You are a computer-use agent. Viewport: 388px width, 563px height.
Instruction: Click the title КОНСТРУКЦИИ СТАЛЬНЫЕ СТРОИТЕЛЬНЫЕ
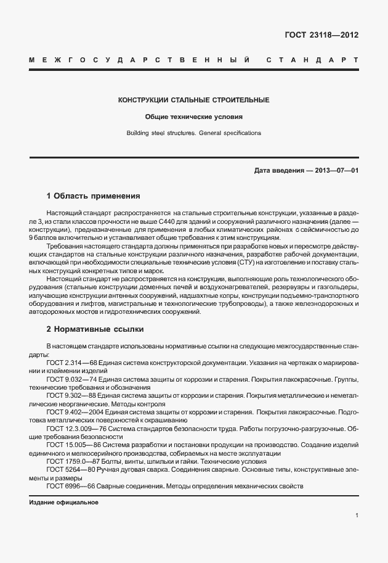tap(193, 100)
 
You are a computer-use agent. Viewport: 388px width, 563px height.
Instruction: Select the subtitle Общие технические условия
tap(193, 117)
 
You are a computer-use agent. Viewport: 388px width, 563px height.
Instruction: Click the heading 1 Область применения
tap(94, 196)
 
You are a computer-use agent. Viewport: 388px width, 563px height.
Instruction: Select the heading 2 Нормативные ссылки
tap(95, 329)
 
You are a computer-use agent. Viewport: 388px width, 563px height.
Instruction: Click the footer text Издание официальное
tap(63, 502)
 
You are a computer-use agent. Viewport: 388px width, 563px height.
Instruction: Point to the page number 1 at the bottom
tap(357, 516)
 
